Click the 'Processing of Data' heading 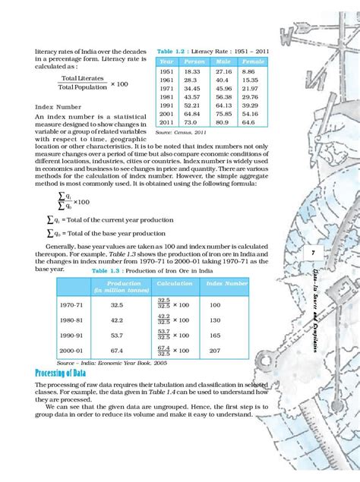pyautogui.click(x=66, y=373)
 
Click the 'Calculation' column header pyautogui.click(x=174, y=283)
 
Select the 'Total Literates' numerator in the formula pyautogui.click(x=78, y=77)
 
